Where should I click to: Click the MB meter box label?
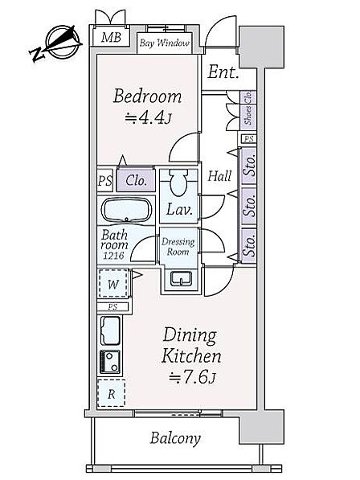click(112, 37)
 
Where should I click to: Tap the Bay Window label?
click(165, 43)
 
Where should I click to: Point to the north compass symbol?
click(56, 43)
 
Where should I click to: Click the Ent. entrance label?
click(223, 72)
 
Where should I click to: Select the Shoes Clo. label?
click(248, 108)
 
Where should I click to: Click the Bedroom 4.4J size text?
click(148, 117)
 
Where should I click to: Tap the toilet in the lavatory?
click(178, 183)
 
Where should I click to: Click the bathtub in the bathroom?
click(126, 210)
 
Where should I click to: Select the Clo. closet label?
click(136, 181)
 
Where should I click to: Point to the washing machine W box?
click(113, 283)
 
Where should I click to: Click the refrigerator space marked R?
click(112, 393)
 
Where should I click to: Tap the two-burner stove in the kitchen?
click(110, 362)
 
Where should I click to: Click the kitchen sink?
click(110, 331)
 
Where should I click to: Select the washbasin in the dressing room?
click(182, 278)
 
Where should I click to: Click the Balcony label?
click(175, 438)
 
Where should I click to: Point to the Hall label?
click(219, 176)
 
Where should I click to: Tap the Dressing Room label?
click(178, 247)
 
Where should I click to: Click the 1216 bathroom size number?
click(113, 256)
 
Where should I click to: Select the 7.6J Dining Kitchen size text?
click(193, 377)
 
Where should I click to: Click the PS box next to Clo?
click(105, 181)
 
